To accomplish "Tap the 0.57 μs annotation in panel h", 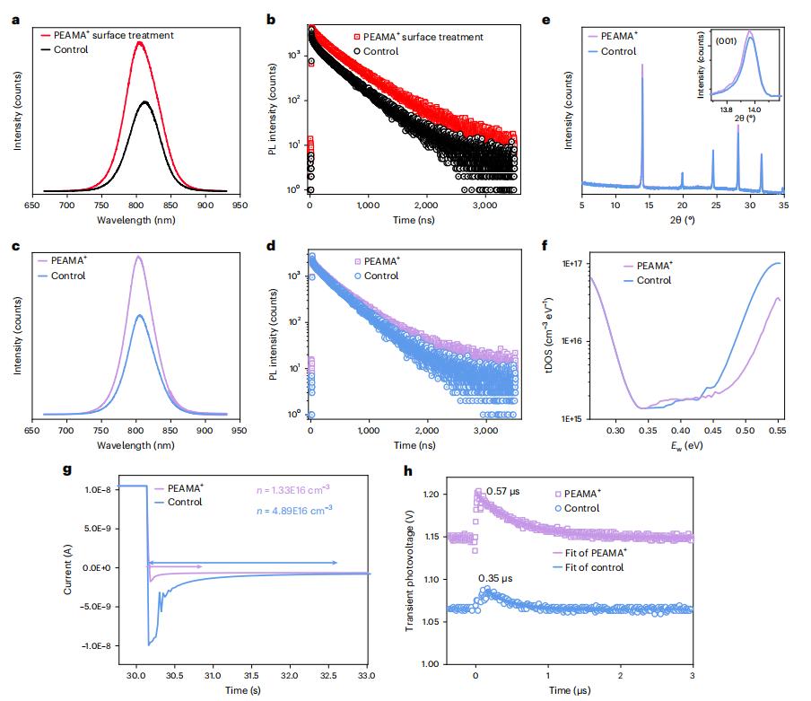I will pos(501,492).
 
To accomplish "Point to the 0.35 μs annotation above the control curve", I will pos(494,577).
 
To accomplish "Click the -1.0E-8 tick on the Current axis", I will pos(100,646).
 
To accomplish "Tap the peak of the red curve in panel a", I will pos(138,41).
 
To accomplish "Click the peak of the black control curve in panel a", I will pos(144,101).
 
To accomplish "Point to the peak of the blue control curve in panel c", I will pos(139,314).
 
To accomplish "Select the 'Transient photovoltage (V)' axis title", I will pos(412,574).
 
